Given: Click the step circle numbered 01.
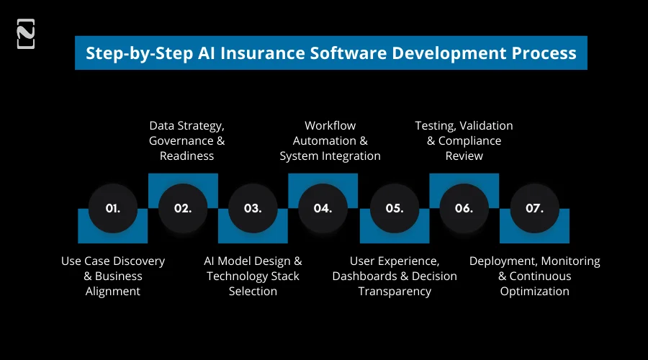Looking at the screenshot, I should pos(112,208).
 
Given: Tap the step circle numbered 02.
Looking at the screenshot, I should pos(183,208).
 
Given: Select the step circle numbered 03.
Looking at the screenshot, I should pos(253,208).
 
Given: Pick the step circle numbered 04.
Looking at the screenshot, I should pos(323,208).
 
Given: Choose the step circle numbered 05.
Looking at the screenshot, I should pos(394,208).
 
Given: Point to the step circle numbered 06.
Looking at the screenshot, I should pos(464,208).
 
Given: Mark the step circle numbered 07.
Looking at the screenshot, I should pos(534,208).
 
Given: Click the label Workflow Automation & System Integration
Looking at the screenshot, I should pos(330,140).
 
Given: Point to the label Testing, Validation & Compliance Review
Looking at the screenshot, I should pos(464,140).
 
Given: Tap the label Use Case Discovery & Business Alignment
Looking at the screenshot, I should pos(113,276).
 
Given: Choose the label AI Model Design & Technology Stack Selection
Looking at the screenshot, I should pos(253,276).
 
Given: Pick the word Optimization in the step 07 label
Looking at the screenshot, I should pos(535,292).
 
